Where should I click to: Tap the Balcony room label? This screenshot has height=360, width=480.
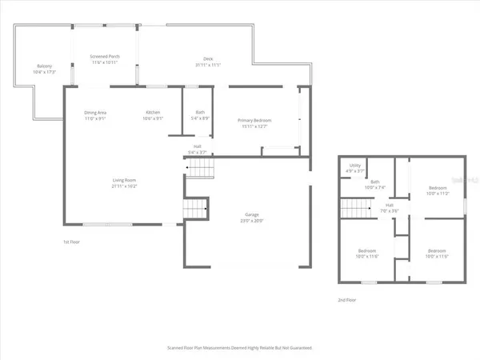coord(45,66)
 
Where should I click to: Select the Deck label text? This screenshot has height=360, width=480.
coord(208,58)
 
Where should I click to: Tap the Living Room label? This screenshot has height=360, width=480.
coord(124,181)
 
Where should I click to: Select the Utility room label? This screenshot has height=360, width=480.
coord(355,166)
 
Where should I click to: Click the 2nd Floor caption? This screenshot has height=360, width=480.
coord(348,300)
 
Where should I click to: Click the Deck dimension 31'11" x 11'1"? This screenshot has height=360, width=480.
coord(208,64)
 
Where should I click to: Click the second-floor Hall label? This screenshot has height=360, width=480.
coord(390,206)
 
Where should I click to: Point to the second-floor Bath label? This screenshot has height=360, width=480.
coord(375,182)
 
